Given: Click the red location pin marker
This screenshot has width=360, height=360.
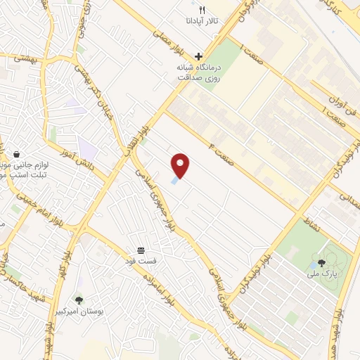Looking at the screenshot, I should click(x=181, y=166).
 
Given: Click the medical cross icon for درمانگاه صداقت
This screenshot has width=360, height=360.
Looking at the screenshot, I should click(x=199, y=56).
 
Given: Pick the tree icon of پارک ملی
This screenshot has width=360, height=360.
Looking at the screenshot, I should click(x=321, y=262).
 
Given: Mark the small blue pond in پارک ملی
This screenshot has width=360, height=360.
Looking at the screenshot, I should click(x=311, y=268).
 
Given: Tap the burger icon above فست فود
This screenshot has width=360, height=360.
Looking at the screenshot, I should click(x=141, y=250).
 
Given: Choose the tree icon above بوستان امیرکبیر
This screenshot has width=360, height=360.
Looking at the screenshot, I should click(x=78, y=300).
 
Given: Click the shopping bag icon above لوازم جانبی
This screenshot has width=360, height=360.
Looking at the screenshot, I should click(x=16, y=154).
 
